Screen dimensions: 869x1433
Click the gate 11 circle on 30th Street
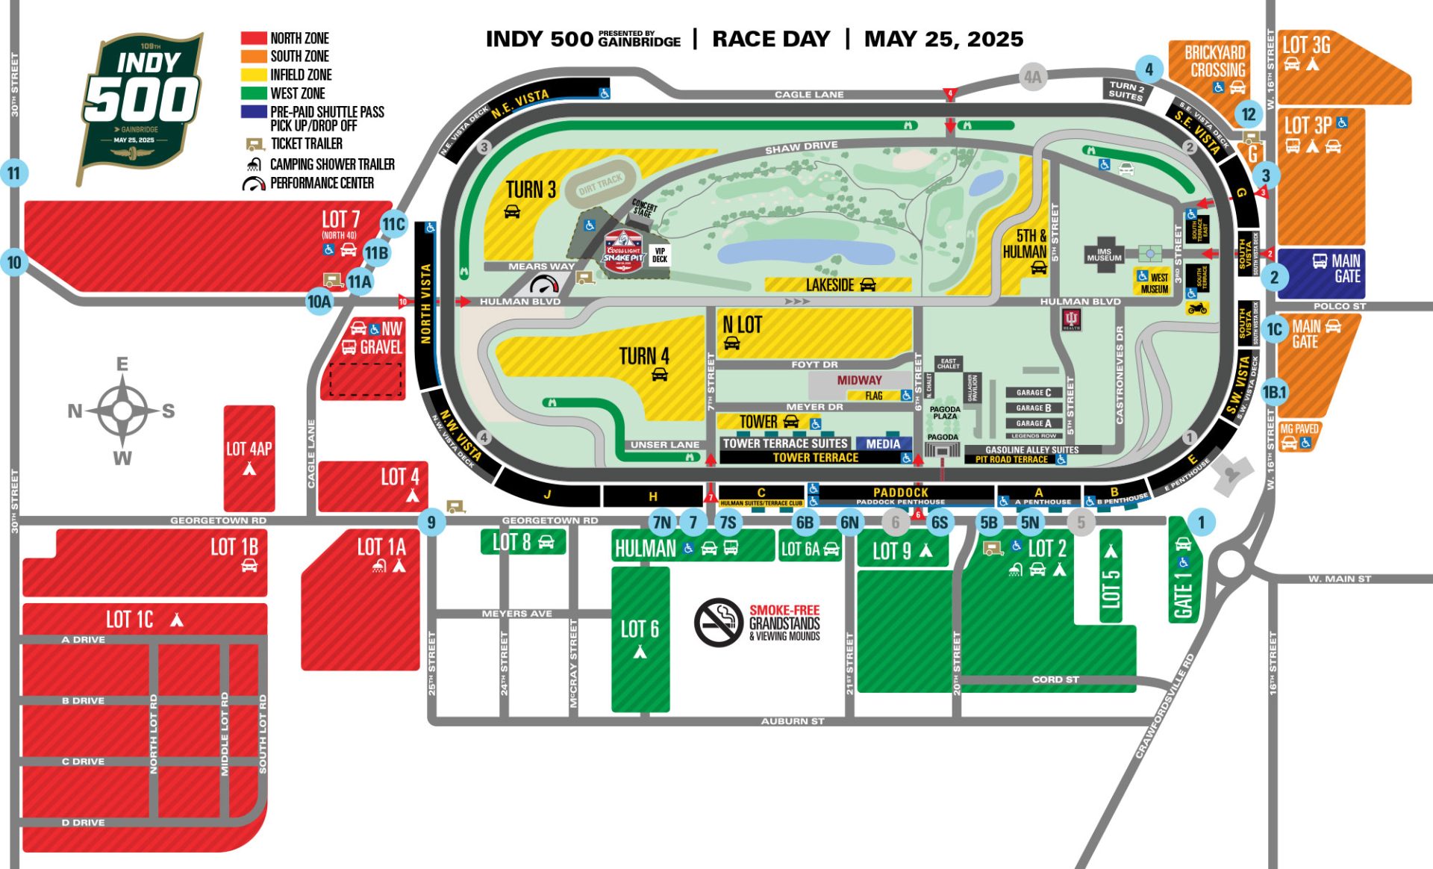(x=14, y=173)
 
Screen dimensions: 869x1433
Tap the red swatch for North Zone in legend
(x=254, y=38)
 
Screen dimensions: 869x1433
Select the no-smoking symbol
(x=717, y=622)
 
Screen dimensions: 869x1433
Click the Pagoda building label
(x=942, y=437)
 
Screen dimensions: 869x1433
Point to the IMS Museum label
(x=1104, y=255)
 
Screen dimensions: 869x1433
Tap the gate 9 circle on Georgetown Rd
(x=431, y=523)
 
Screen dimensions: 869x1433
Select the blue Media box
(x=883, y=443)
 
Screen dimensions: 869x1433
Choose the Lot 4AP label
(x=249, y=449)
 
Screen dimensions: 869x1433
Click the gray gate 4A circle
(x=1032, y=77)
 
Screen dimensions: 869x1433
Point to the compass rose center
(x=122, y=411)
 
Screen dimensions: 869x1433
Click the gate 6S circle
(x=940, y=523)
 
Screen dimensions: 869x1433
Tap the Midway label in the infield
(x=859, y=380)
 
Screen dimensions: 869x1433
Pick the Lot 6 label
(x=640, y=629)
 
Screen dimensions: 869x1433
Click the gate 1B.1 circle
(x=1274, y=392)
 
